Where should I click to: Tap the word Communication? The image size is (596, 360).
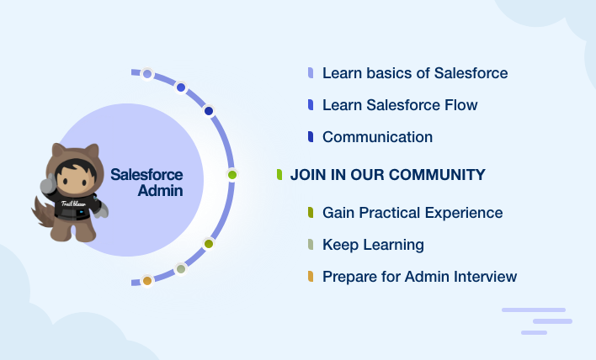(377, 137)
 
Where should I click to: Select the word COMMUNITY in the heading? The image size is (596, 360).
(437, 175)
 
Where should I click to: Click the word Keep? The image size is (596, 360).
(340, 246)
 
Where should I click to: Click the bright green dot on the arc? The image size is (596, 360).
(232, 175)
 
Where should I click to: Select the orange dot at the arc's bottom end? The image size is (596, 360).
(147, 281)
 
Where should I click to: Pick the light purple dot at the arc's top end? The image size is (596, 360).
(147, 74)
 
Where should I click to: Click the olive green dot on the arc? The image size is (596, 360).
(209, 244)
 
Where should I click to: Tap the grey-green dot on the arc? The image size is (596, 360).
(181, 269)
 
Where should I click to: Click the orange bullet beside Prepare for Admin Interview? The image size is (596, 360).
(311, 277)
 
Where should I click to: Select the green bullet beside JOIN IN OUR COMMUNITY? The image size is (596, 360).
(279, 175)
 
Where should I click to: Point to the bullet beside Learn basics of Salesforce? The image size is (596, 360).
(311, 73)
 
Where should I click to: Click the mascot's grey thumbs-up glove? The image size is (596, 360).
(48, 184)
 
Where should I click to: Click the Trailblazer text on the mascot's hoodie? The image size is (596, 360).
(74, 204)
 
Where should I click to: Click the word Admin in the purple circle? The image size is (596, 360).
(160, 191)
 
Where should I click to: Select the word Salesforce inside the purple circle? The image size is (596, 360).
(146, 175)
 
